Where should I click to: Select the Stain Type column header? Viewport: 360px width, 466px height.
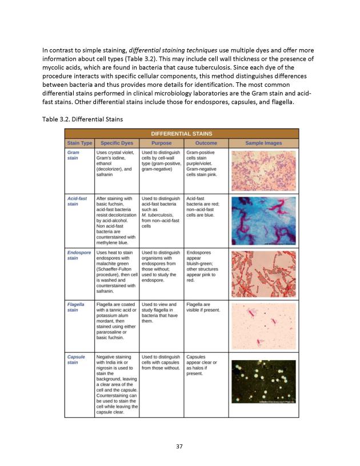click(79, 142)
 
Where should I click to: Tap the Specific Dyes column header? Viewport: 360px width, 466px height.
click(117, 142)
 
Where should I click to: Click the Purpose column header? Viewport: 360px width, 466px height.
click(162, 142)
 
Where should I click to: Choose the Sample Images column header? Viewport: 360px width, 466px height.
click(263, 142)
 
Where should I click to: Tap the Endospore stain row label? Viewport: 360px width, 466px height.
click(78, 254)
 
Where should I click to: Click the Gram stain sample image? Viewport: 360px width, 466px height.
click(263, 170)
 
